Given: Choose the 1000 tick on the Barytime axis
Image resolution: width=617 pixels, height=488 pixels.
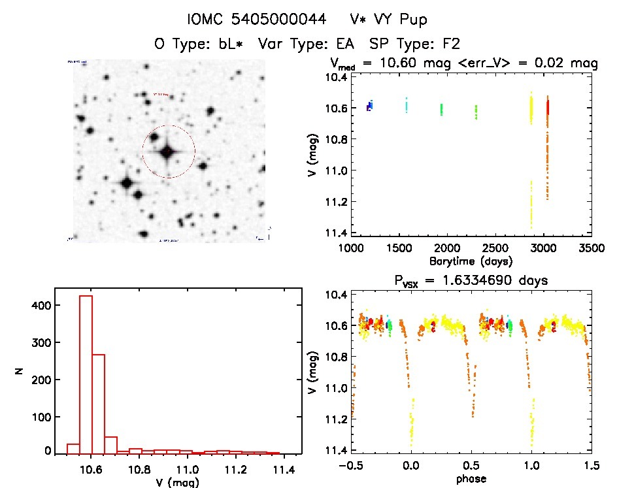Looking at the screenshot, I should click(350, 248).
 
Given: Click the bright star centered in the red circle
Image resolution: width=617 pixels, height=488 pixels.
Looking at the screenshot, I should click(167, 152).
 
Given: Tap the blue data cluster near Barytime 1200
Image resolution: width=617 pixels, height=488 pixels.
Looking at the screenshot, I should click(369, 106).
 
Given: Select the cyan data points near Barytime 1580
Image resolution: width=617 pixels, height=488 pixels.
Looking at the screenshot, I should click(407, 105).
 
